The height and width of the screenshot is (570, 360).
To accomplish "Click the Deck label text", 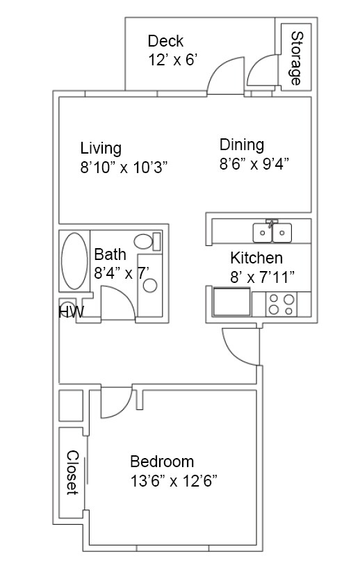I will click(165, 41).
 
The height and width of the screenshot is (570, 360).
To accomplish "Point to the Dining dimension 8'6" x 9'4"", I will click(254, 164).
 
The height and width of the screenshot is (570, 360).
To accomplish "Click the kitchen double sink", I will click(273, 231).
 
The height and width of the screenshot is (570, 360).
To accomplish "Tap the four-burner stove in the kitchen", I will click(281, 305).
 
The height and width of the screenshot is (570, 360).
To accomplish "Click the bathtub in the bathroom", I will click(73, 262).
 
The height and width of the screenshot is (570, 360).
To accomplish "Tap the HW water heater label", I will click(71, 312).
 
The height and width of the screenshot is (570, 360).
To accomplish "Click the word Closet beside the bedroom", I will click(72, 472).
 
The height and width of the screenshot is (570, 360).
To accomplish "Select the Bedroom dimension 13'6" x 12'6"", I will click(174, 480).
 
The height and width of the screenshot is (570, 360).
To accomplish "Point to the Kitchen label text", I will click(256, 259).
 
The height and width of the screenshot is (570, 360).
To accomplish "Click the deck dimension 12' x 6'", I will click(173, 60).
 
